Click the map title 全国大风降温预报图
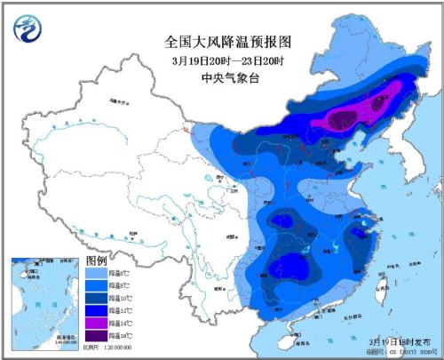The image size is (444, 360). [228, 42]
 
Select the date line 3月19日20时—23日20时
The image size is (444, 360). [228, 60]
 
